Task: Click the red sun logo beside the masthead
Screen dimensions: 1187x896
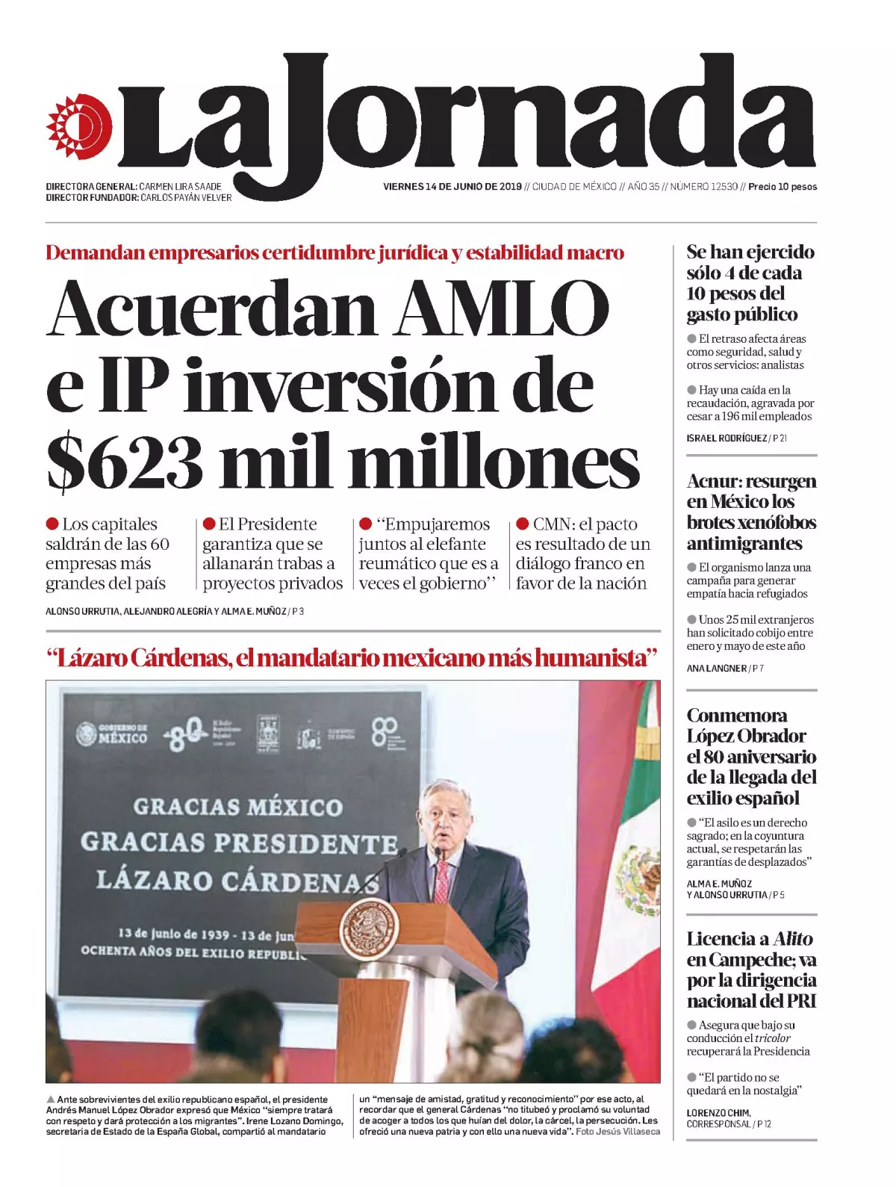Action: (x=78, y=127)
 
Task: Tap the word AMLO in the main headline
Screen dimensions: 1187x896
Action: (x=502, y=308)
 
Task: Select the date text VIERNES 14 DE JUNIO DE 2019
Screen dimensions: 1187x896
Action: (x=452, y=187)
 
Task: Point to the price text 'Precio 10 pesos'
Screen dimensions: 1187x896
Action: (x=783, y=187)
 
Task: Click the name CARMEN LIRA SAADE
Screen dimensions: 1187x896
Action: (x=180, y=187)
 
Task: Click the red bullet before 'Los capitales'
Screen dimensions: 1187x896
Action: (x=52, y=524)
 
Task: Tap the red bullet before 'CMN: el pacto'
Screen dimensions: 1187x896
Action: (x=523, y=524)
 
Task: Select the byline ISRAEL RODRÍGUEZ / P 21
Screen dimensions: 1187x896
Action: (x=736, y=438)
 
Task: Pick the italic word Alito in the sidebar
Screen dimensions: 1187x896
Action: (x=793, y=939)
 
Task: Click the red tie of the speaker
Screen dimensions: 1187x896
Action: (x=442, y=881)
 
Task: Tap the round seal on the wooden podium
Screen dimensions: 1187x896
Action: (x=369, y=930)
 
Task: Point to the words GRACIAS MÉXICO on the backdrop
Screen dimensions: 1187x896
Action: (x=237, y=808)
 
